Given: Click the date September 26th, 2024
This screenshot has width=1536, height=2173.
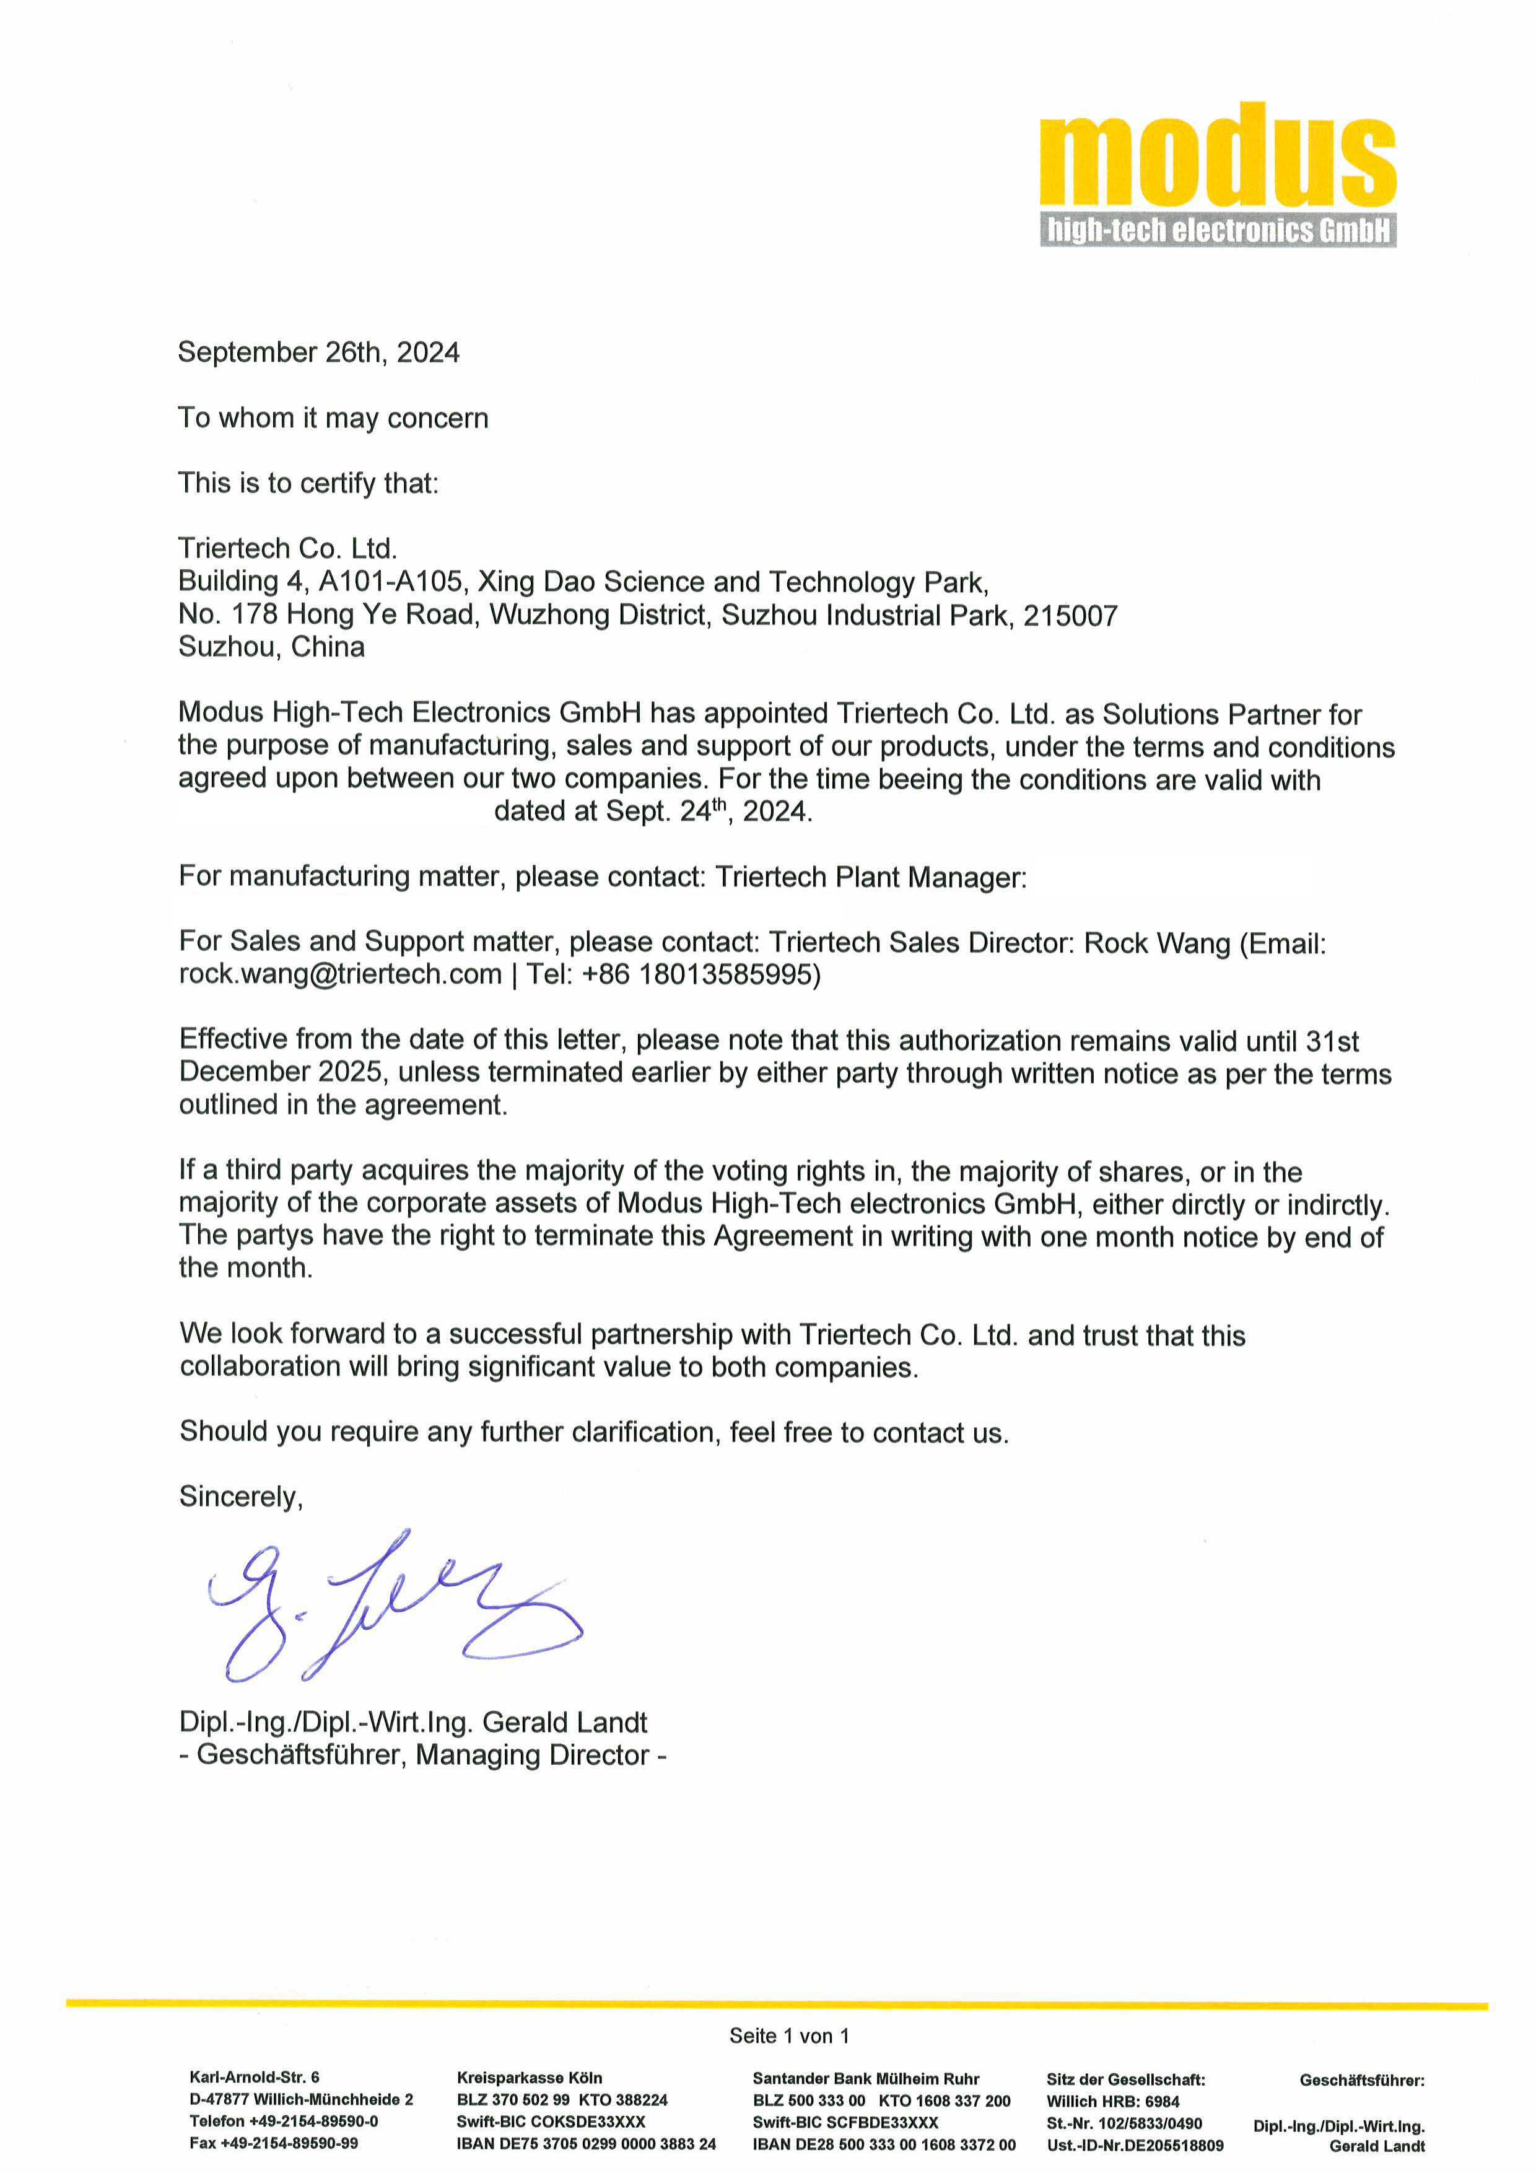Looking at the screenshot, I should pos(319,353).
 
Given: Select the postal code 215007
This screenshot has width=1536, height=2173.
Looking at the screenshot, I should pos(1070,616).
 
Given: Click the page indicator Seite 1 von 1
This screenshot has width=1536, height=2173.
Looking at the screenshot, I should pos(789,2035).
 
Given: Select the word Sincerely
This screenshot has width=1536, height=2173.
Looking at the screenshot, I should pos(240,1497).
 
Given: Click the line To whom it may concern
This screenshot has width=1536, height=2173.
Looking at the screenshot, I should pos(333,418).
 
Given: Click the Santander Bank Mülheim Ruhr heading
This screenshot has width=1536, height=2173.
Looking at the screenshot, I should pos(866,2078).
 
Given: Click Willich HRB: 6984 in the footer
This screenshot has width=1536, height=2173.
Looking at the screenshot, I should pos(1113,2101).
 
